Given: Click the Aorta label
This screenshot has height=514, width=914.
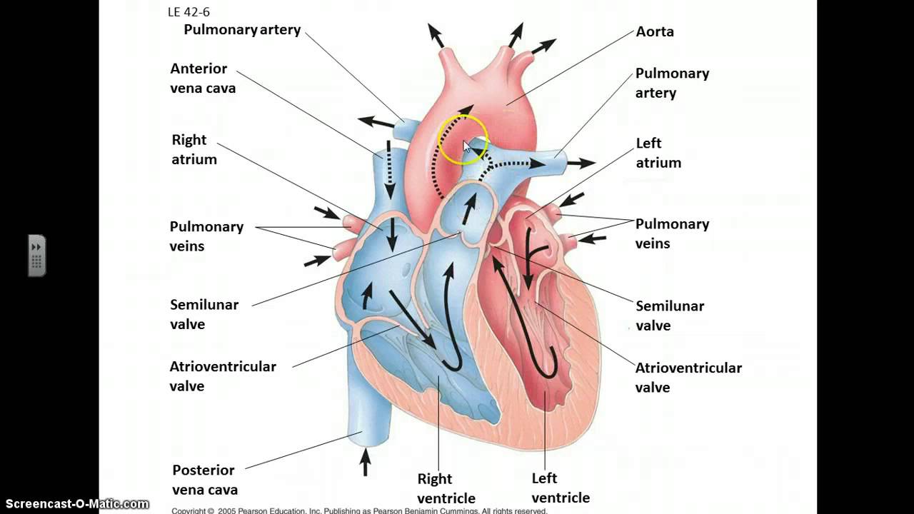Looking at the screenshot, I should (655, 32).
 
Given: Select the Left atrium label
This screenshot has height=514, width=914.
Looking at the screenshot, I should (658, 153).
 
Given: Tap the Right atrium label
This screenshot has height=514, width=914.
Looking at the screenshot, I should (194, 150).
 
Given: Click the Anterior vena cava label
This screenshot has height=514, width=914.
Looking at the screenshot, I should (202, 79).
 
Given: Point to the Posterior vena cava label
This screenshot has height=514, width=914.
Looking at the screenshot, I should (204, 480).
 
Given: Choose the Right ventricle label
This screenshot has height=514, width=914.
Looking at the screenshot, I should (446, 488).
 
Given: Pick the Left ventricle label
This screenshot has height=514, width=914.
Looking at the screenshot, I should (560, 488).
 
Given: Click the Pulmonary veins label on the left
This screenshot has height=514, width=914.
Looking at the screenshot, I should (206, 236).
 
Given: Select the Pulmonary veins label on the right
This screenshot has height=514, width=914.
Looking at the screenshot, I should (672, 234).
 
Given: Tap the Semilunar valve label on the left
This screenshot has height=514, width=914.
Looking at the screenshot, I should (204, 314).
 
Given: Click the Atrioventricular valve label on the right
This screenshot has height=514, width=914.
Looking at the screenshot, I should (688, 378).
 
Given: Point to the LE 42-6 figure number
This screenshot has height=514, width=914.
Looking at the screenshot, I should (189, 12).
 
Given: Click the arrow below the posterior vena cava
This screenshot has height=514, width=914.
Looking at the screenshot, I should (365, 462).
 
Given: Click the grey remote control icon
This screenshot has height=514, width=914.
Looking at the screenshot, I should (37, 255).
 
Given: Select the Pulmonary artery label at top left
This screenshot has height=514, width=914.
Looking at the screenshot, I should (242, 30).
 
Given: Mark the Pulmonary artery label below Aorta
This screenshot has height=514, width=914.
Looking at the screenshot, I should (672, 83).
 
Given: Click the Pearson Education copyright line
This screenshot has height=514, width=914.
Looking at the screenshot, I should (359, 510).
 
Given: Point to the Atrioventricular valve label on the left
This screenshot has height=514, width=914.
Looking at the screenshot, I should (222, 376).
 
